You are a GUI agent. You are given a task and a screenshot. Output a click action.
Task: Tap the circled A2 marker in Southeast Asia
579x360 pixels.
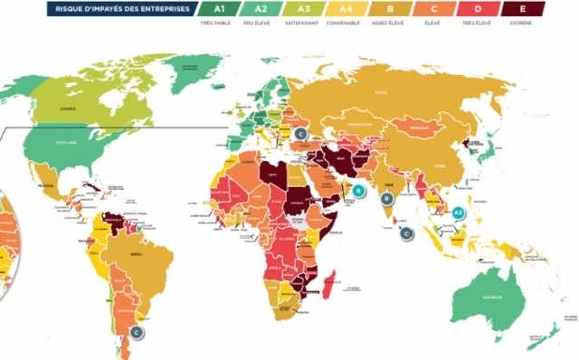point(458,213)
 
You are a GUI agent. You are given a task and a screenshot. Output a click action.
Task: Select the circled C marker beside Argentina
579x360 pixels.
point(137,332)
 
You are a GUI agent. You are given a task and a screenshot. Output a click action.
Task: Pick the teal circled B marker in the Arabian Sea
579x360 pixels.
point(359,191)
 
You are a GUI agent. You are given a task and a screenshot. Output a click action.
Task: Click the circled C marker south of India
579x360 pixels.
point(406,233)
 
